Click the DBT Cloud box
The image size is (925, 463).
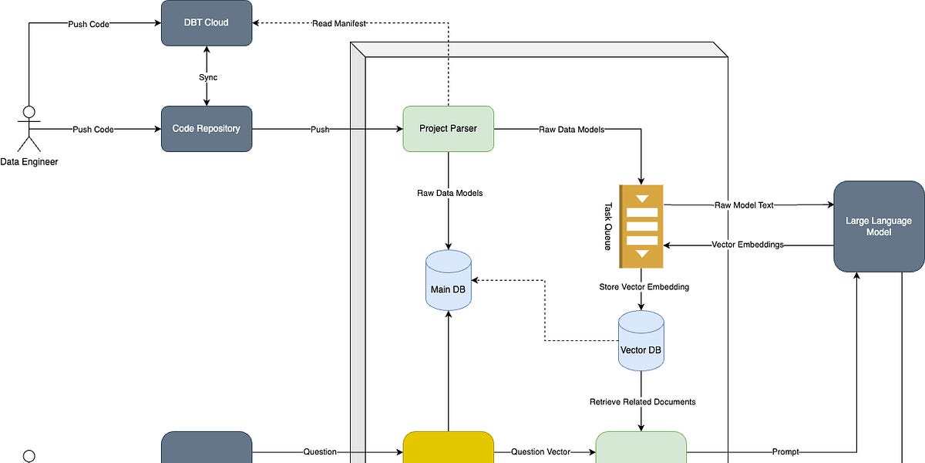[206, 22]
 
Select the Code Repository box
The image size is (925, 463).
[206, 129]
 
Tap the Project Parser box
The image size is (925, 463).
[448, 129]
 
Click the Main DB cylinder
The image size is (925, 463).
[448, 281]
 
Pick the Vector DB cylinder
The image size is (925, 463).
[641, 341]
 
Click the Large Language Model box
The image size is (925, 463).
[879, 226]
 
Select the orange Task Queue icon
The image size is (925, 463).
[641, 226]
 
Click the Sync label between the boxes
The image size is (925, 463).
[207, 77]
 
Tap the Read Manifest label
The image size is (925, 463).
[338, 23]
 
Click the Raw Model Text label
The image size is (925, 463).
[743, 205]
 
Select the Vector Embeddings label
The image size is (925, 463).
[747, 245]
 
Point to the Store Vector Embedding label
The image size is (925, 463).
[644, 287]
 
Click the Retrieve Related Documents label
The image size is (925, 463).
[642, 402]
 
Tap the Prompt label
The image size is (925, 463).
[785, 452]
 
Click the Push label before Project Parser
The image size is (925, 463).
[319, 129]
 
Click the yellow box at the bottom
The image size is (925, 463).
[448, 449]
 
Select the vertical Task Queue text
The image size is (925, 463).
[607, 226]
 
